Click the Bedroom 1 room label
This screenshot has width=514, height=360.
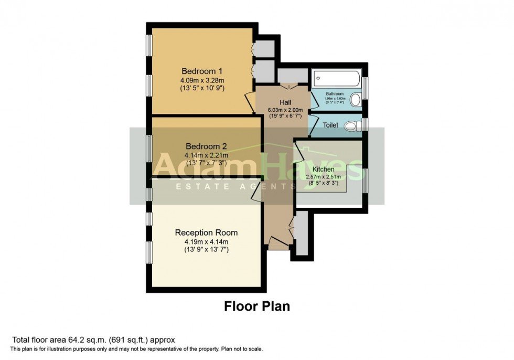click(202, 71)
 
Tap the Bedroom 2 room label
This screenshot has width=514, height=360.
click(202, 146)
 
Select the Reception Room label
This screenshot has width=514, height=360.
click(206, 232)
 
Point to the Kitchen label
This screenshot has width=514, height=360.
click(324, 170)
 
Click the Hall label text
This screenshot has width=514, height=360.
click(285, 102)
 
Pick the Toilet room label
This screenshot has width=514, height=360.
click(330, 126)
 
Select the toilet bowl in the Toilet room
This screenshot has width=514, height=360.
click(356, 125)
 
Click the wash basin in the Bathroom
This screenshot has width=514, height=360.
click(356, 99)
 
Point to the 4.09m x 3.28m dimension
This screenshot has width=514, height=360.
click(202, 80)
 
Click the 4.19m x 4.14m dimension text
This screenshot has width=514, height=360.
click(206, 241)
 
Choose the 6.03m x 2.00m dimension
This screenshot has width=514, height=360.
click(285, 110)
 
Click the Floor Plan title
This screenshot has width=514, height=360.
click(257, 306)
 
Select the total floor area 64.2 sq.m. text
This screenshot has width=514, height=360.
click(93, 340)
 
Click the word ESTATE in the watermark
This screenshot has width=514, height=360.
click(195, 187)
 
